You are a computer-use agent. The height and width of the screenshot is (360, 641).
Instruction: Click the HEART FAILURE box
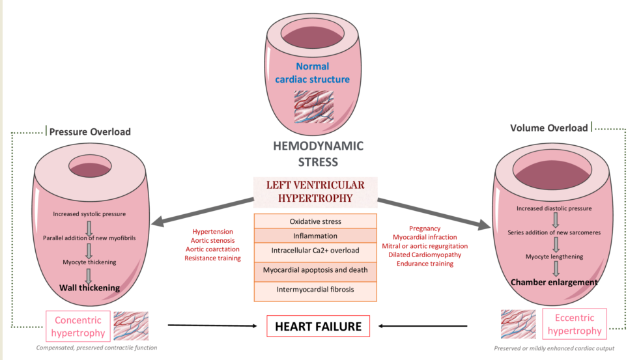(318, 326)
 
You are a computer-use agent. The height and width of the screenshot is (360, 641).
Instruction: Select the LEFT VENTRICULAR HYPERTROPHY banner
(315, 191)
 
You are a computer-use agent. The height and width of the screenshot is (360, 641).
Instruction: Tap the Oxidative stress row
(315, 221)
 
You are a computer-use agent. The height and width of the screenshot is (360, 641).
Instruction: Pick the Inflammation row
(315, 236)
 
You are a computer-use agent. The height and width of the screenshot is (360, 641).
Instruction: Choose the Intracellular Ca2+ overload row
(315, 251)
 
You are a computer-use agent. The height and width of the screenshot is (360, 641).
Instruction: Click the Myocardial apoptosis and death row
(315, 270)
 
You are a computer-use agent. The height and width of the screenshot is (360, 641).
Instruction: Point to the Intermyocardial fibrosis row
(315, 289)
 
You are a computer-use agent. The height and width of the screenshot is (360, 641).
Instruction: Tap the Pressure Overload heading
(90, 132)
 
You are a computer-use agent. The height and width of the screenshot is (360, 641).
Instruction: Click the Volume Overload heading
(549, 128)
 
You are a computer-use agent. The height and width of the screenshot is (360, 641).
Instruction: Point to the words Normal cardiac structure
(313, 73)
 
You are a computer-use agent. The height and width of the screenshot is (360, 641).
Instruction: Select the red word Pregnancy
(424, 228)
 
